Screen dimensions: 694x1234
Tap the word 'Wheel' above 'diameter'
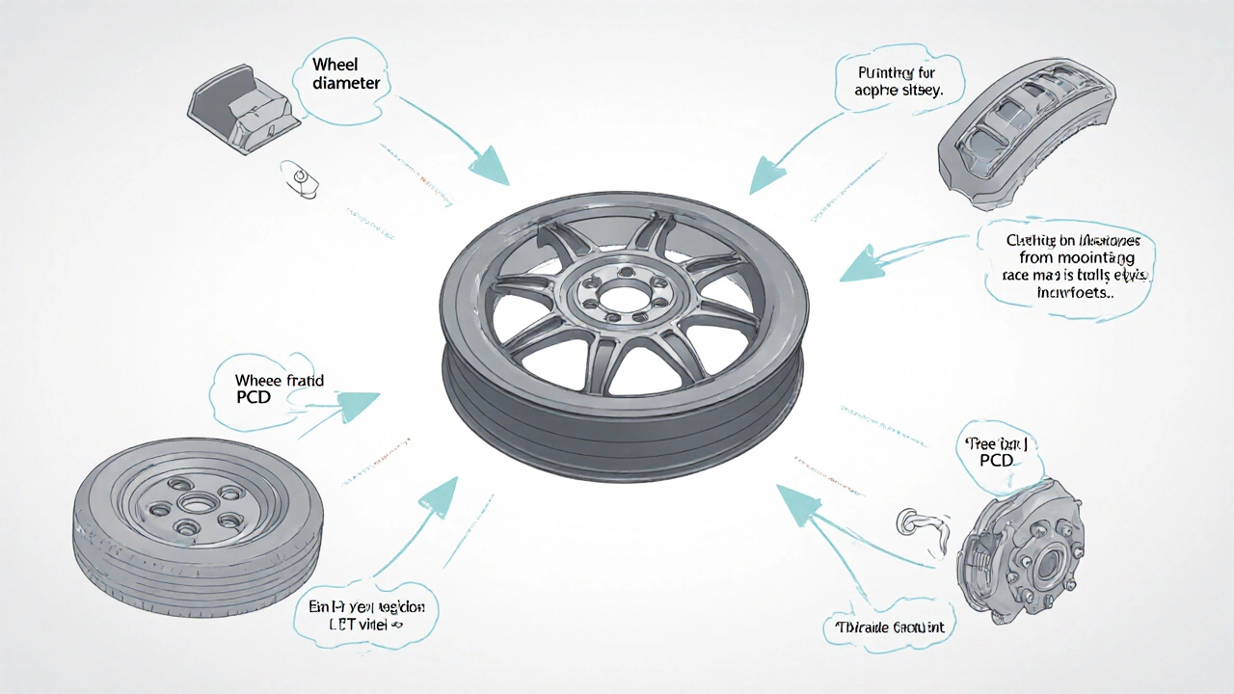click(336, 65)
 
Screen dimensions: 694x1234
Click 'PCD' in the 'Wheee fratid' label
click(253, 397)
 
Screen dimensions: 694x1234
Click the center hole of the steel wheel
click(197, 502)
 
